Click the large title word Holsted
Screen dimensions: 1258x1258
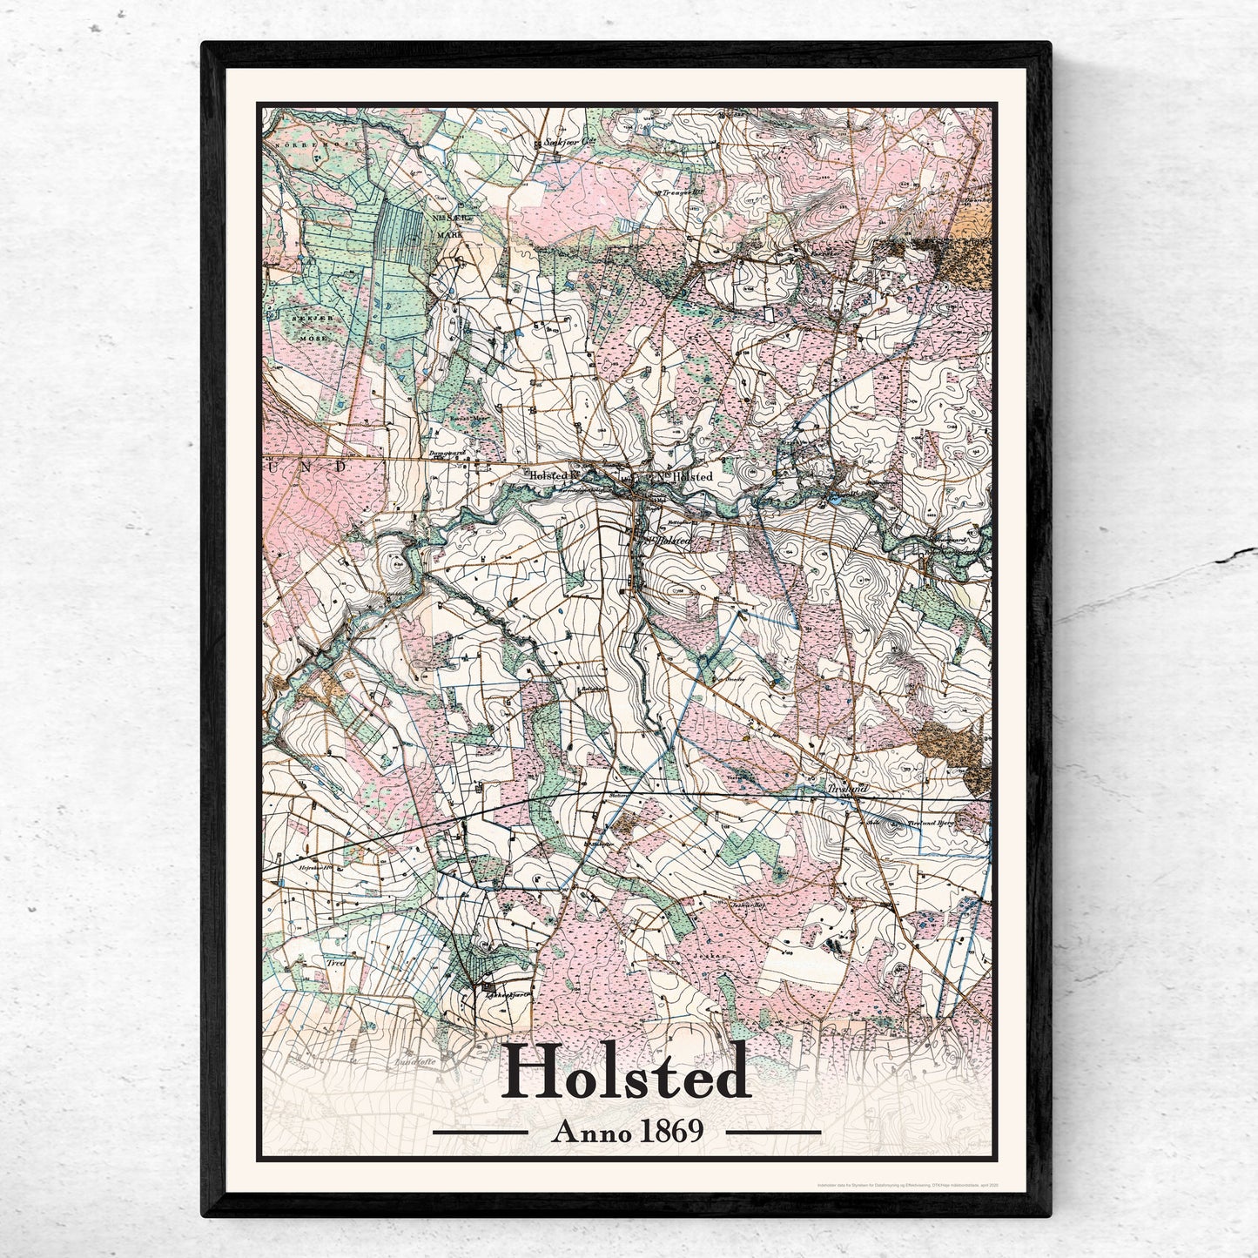[626, 1072]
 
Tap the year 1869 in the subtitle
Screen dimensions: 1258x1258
[671, 1132]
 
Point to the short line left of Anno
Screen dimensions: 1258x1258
[480, 1133]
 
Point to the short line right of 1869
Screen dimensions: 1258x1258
[773, 1133]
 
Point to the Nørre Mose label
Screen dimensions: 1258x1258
[309, 138]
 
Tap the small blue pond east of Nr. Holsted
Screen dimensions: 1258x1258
[834, 499]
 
